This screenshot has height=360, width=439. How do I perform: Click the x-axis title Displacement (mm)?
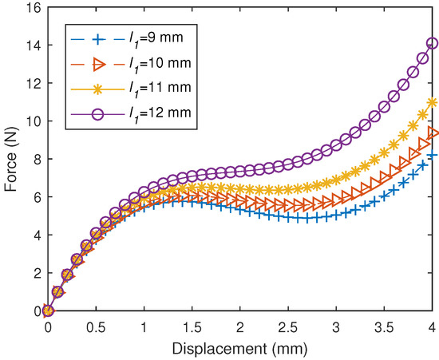point(240,348)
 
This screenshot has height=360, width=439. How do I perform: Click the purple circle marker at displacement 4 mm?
point(433,44)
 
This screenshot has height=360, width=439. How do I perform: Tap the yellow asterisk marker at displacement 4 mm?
point(433,102)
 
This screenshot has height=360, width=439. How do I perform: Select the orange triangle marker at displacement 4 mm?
point(433,133)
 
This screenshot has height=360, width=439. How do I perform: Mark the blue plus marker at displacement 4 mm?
point(433,155)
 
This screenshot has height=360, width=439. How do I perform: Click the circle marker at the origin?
point(48,311)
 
